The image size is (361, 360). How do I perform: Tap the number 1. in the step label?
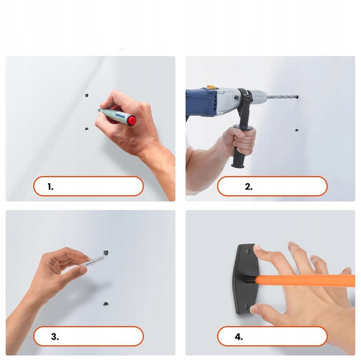pos(51,186)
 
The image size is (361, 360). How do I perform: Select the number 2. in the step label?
pos(249,186)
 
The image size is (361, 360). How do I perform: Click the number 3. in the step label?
pos(55,337)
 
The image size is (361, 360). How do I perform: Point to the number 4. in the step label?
pos(239,337)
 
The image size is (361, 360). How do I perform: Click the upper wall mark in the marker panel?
pos(87,95)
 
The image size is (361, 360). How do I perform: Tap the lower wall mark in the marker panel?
pos(87,129)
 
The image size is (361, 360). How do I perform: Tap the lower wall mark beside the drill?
pos(297,130)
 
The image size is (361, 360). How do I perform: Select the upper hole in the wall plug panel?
pos(106,253)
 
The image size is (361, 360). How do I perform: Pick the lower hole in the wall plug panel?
pos(106,304)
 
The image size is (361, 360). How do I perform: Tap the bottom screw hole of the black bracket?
pos(247,307)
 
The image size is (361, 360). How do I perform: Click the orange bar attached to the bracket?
pos(305,280)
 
